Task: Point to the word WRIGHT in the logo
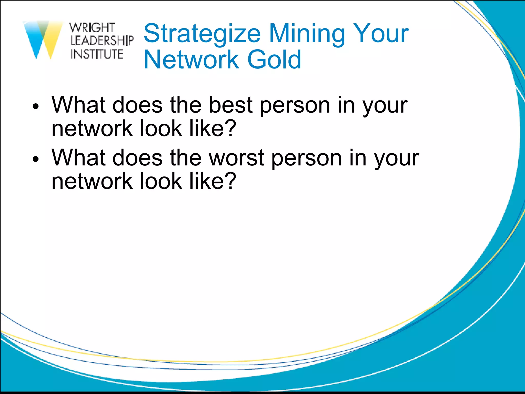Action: click(92, 28)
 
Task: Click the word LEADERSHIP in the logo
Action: click(102, 41)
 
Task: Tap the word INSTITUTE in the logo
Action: click(97, 54)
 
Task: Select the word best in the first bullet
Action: click(231, 105)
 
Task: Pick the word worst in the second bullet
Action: click(237, 157)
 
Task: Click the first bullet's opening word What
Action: click(78, 105)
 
